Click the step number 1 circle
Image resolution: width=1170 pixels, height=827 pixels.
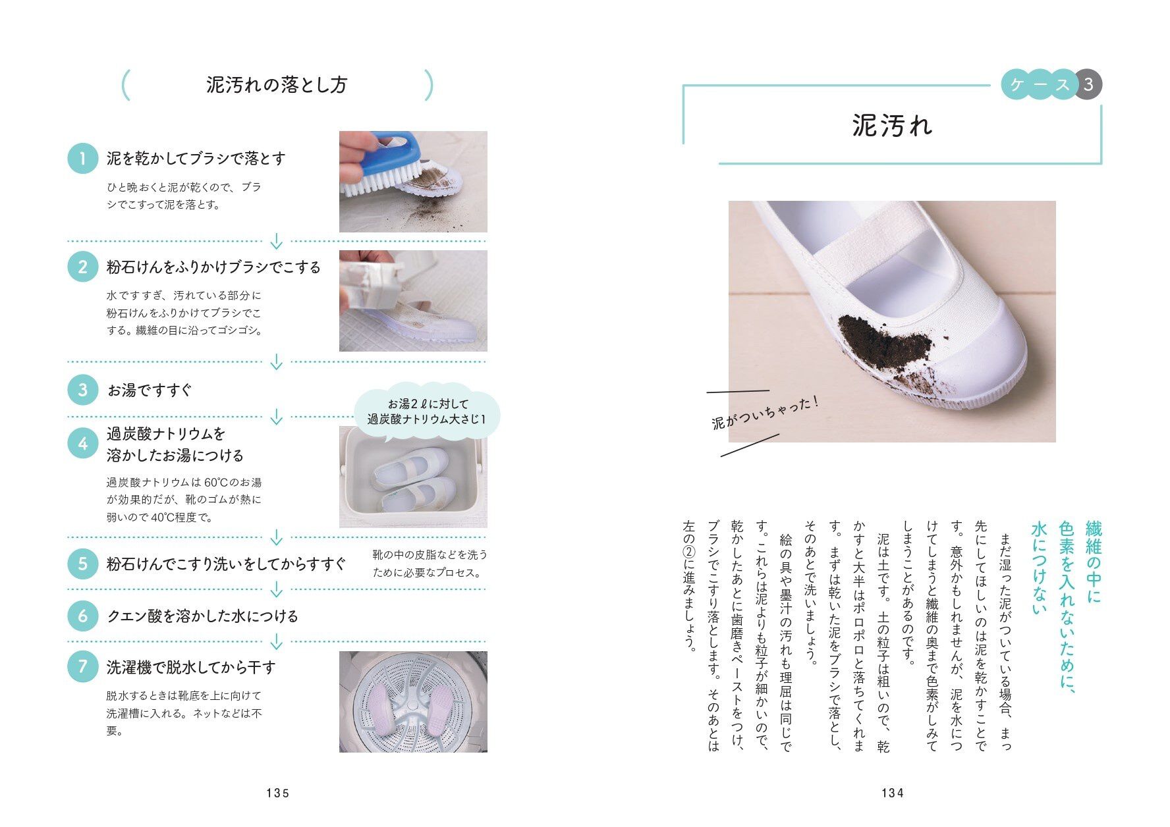coord(83,159)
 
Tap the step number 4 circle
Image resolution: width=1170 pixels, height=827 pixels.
coord(83,444)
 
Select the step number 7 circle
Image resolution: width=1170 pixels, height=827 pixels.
coord(83,666)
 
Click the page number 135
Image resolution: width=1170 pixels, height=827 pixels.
coord(278,793)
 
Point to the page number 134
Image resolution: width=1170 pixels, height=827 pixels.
coord(893,793)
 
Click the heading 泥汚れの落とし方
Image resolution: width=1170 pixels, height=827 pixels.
coord(277,85)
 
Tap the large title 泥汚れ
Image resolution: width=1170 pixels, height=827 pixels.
coord(893,126)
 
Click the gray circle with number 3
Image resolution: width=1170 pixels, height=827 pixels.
coord(1088,84)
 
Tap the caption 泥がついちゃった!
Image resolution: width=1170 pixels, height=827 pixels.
coord(766,412)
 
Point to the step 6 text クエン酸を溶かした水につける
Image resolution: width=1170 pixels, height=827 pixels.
coord(202,616)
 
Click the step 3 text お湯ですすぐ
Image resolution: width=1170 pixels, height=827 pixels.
coord(150,390)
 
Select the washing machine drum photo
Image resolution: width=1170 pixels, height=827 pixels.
coord(413,701)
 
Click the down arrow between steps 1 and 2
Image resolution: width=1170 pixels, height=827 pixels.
coord(277,242)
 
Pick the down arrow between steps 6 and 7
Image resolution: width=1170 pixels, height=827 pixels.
coord(277,641)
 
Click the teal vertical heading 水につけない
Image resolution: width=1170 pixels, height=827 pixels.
coord(1039,568)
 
